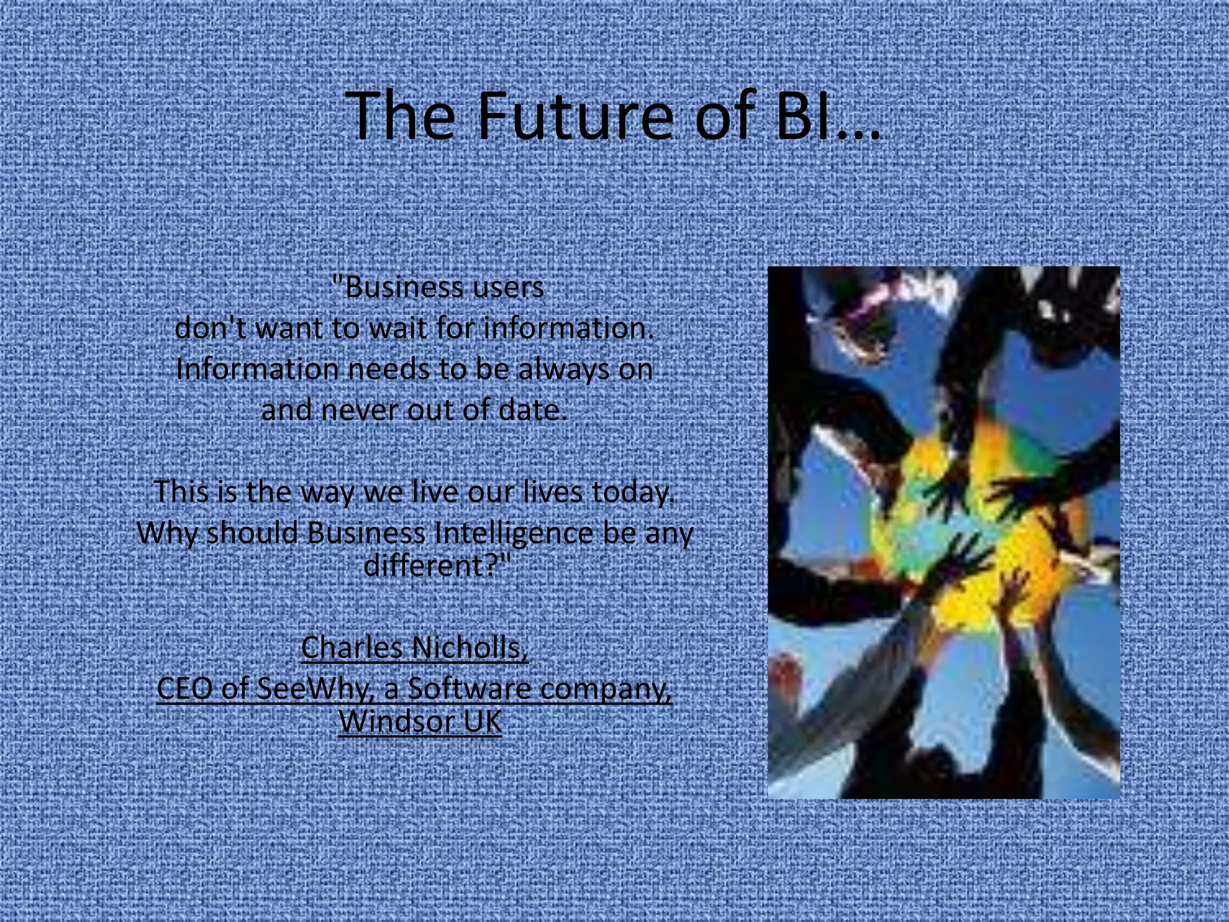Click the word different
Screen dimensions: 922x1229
(428, 565)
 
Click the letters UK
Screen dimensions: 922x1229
(482, 721)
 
